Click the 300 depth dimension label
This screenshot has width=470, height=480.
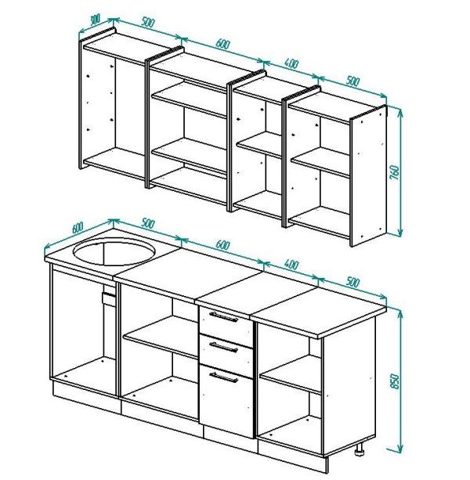point(96,20)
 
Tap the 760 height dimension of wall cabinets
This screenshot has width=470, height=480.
point(396,172)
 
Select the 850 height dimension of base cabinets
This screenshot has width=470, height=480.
point(396,381)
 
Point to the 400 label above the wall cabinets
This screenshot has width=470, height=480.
point(291,63)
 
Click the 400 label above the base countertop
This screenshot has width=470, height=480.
point(291,265)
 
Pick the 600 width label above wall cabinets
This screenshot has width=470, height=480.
point(222,44)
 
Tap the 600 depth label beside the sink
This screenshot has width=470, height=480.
point(78,227)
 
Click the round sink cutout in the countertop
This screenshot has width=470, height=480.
point(114,252)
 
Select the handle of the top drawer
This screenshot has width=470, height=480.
point(223,317)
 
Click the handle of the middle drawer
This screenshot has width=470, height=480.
point(223,347)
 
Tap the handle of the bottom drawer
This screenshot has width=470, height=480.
point(223,377)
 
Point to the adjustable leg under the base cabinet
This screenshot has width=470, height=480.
point(360,449)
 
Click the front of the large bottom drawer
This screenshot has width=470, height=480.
point(226,400)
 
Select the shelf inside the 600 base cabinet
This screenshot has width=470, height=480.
point(161,337)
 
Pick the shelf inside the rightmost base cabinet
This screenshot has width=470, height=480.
point(291,374)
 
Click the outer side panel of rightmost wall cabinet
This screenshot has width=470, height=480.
point(368,175)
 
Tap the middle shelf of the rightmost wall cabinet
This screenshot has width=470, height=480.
point(320,162)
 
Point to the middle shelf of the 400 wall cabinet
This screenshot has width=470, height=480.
point(259,145)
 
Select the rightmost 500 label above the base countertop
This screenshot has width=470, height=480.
point(352,282)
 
